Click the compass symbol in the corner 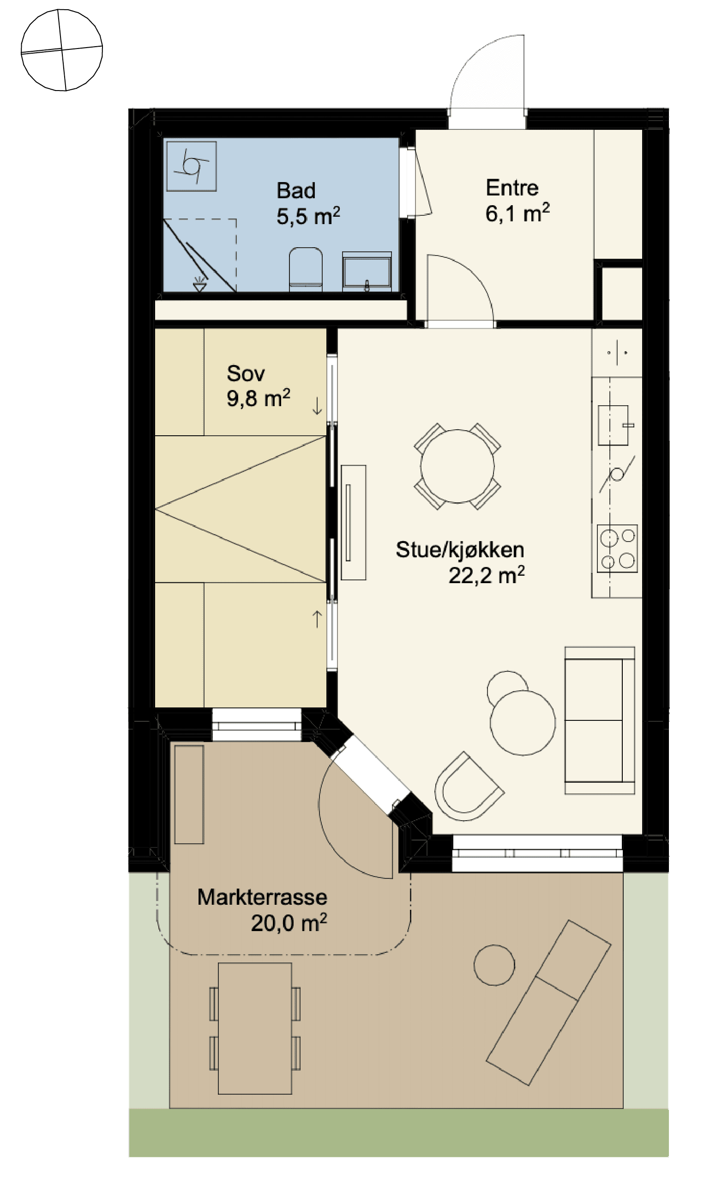62,50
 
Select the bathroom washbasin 367,271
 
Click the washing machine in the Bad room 192,166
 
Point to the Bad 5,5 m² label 308,203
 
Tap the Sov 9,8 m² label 259,386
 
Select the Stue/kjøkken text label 460,549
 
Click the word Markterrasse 262,897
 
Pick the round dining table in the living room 457,466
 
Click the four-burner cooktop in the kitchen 617,548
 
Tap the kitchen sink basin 614,425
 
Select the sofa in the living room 600,720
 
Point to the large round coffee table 523,723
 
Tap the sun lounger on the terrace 549,1002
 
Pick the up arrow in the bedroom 317,619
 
